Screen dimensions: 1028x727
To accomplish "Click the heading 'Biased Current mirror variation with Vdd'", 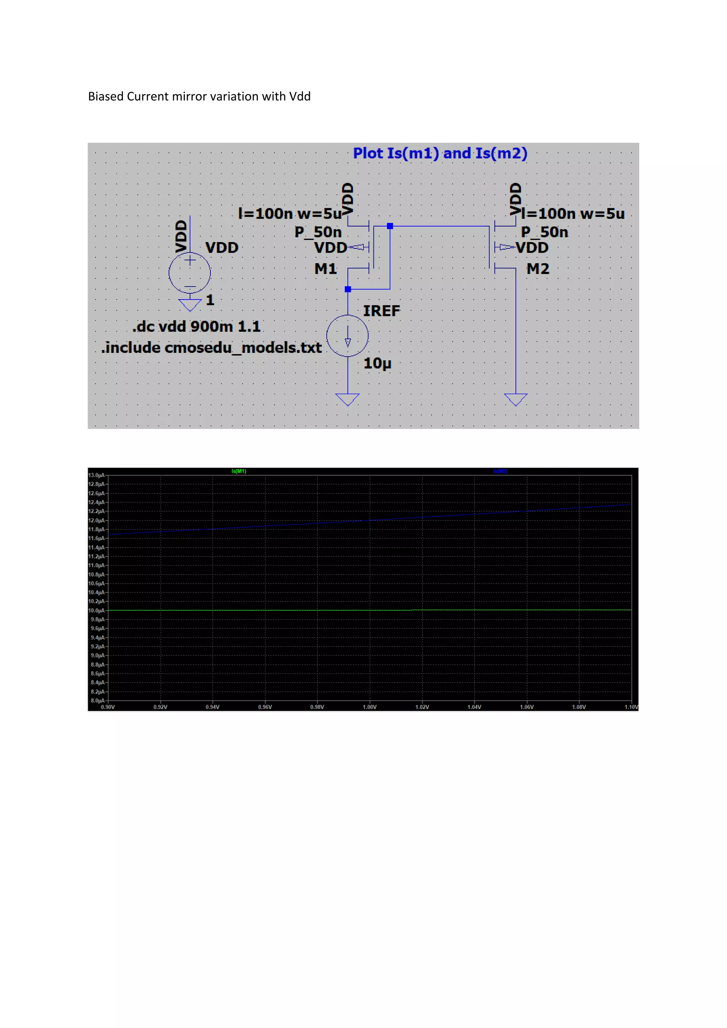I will [x=199, y=97].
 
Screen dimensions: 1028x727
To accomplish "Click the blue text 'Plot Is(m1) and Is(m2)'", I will [x=440, y=154].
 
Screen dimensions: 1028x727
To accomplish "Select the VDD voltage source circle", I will [x=190, y=273].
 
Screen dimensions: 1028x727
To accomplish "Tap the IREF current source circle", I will [x=348, y=336].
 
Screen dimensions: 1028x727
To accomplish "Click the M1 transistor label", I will [x=326, y=269].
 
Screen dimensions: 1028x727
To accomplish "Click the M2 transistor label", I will [x=538, y=269].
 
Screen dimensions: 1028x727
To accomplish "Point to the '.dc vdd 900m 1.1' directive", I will [x=196, y=327].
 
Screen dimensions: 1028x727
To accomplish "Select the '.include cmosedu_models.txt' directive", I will [x=211, y=348].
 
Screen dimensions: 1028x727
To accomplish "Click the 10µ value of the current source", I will [x=377, y=363].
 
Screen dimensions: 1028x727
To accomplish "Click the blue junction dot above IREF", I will [x=348, y=289].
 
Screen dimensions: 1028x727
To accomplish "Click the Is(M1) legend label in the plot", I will [x=239, y=471].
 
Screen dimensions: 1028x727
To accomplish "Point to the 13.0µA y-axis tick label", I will [x=96, y=475].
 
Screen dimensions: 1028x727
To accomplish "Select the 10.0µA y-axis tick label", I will [x=96, y=610].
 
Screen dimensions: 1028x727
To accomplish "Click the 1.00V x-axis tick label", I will [x=369, y=707].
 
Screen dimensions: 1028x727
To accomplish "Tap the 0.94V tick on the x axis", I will [x=213, y=707].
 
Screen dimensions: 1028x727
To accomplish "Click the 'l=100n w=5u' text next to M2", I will [x=573, y=214].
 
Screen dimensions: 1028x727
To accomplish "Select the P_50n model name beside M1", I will [x=318, y=233].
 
